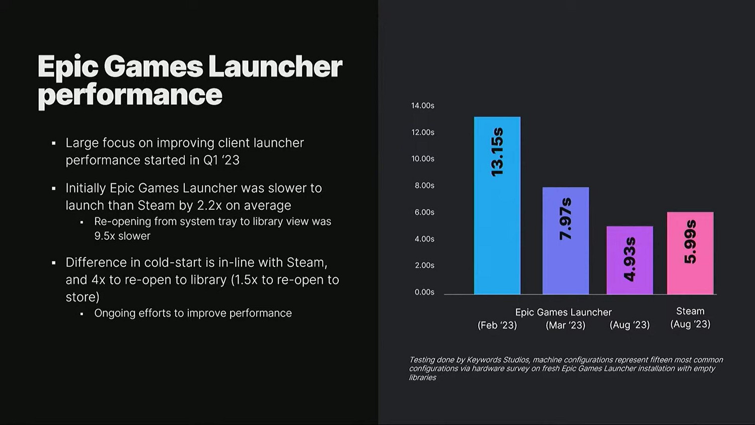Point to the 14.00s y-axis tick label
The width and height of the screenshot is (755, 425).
pos(422,106)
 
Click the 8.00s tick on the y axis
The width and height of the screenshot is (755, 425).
pos(424,186)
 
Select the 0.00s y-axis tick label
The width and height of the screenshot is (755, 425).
pos(424,292)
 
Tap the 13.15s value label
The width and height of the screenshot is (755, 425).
pos(497,152)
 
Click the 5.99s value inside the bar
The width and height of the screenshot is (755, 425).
pos(690,241)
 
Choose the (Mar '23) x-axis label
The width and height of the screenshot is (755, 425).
pos(565,325)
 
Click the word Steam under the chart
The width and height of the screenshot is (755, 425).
pos(690,311)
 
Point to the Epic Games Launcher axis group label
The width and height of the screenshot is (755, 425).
pos(563,312)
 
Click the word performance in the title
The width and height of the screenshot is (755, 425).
pos(130,95)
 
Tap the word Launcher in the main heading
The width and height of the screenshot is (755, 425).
pos(275,66)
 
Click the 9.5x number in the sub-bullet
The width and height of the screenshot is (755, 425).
pos(105,236)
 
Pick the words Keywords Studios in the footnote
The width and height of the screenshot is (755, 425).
pos(498,360)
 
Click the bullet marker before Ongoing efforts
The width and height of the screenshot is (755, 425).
pos(82,314)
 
